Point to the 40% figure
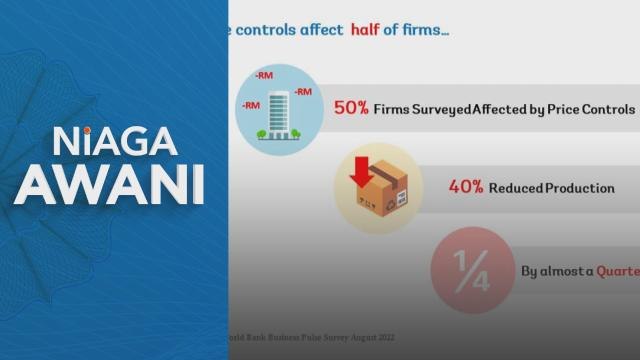click(438, 187)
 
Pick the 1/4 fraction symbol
click(461, 269)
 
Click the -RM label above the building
click(265, 75)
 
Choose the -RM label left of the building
click(251, 104)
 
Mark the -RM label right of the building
click(302, 92)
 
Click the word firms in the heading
click(425, 31)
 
